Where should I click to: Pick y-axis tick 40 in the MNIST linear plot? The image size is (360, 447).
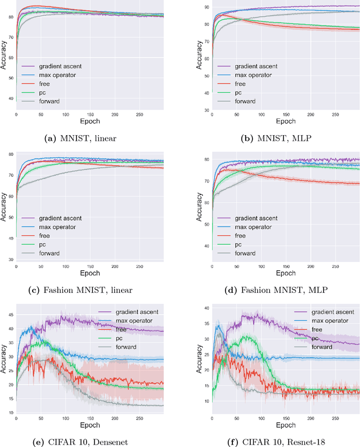pos(11,99)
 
